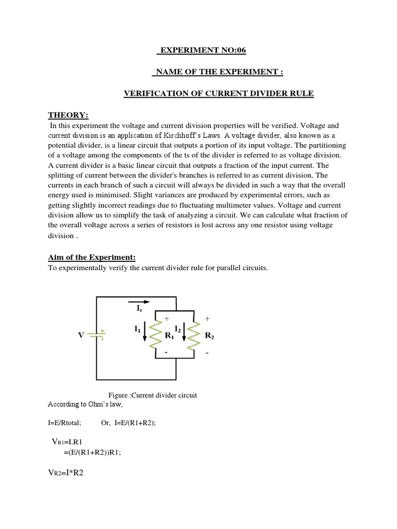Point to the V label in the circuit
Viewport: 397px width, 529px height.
81,335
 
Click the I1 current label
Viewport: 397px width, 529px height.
136,328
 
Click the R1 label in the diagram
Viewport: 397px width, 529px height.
169,335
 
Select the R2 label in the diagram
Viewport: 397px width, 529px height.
209,335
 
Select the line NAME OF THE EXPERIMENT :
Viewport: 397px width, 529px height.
217,72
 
